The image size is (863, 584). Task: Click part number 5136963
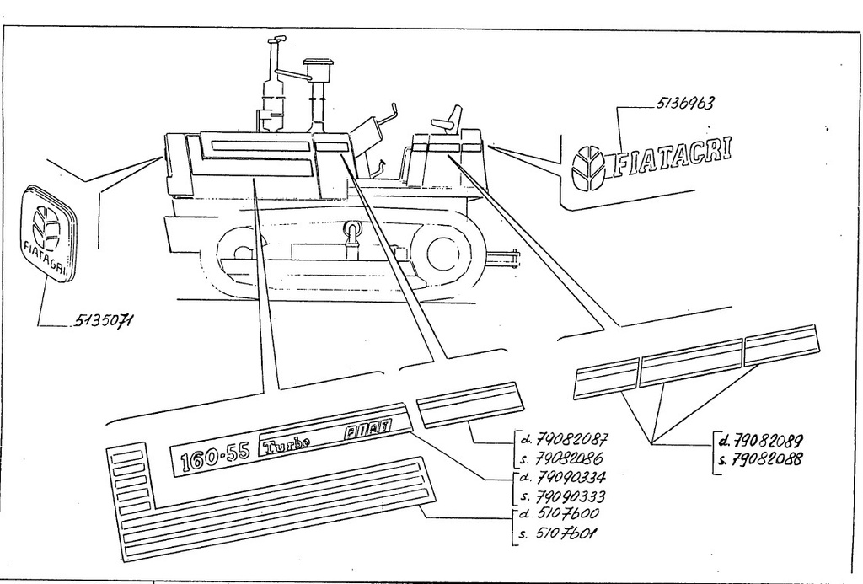pyautogui.click(x=684, y=104)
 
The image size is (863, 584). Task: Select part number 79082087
pyautogui.click(x=571, y=439)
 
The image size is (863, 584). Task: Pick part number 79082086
pyautogui.click(x=569, y=458)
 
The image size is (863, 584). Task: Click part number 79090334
pyautogui.click(x=571, y=476)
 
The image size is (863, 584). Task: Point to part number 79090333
pyautogui.click(x=571, y=496)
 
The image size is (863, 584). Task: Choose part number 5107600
pyautogui.click(x=567, y=513)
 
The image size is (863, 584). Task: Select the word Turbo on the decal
pyautogui.click(x=287, y=443)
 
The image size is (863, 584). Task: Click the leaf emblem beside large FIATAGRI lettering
pyautogui.click(x=587, y=167)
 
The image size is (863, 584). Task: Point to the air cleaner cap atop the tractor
pyautogui.click(x=314, y=66)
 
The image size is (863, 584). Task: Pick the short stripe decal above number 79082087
pyautogui.click(x=469, y=405)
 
